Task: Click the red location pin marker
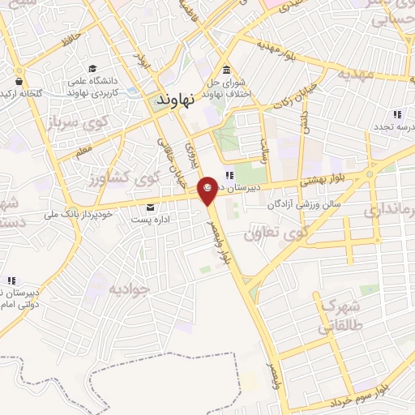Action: pyautogui.click(x=207, y=188)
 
